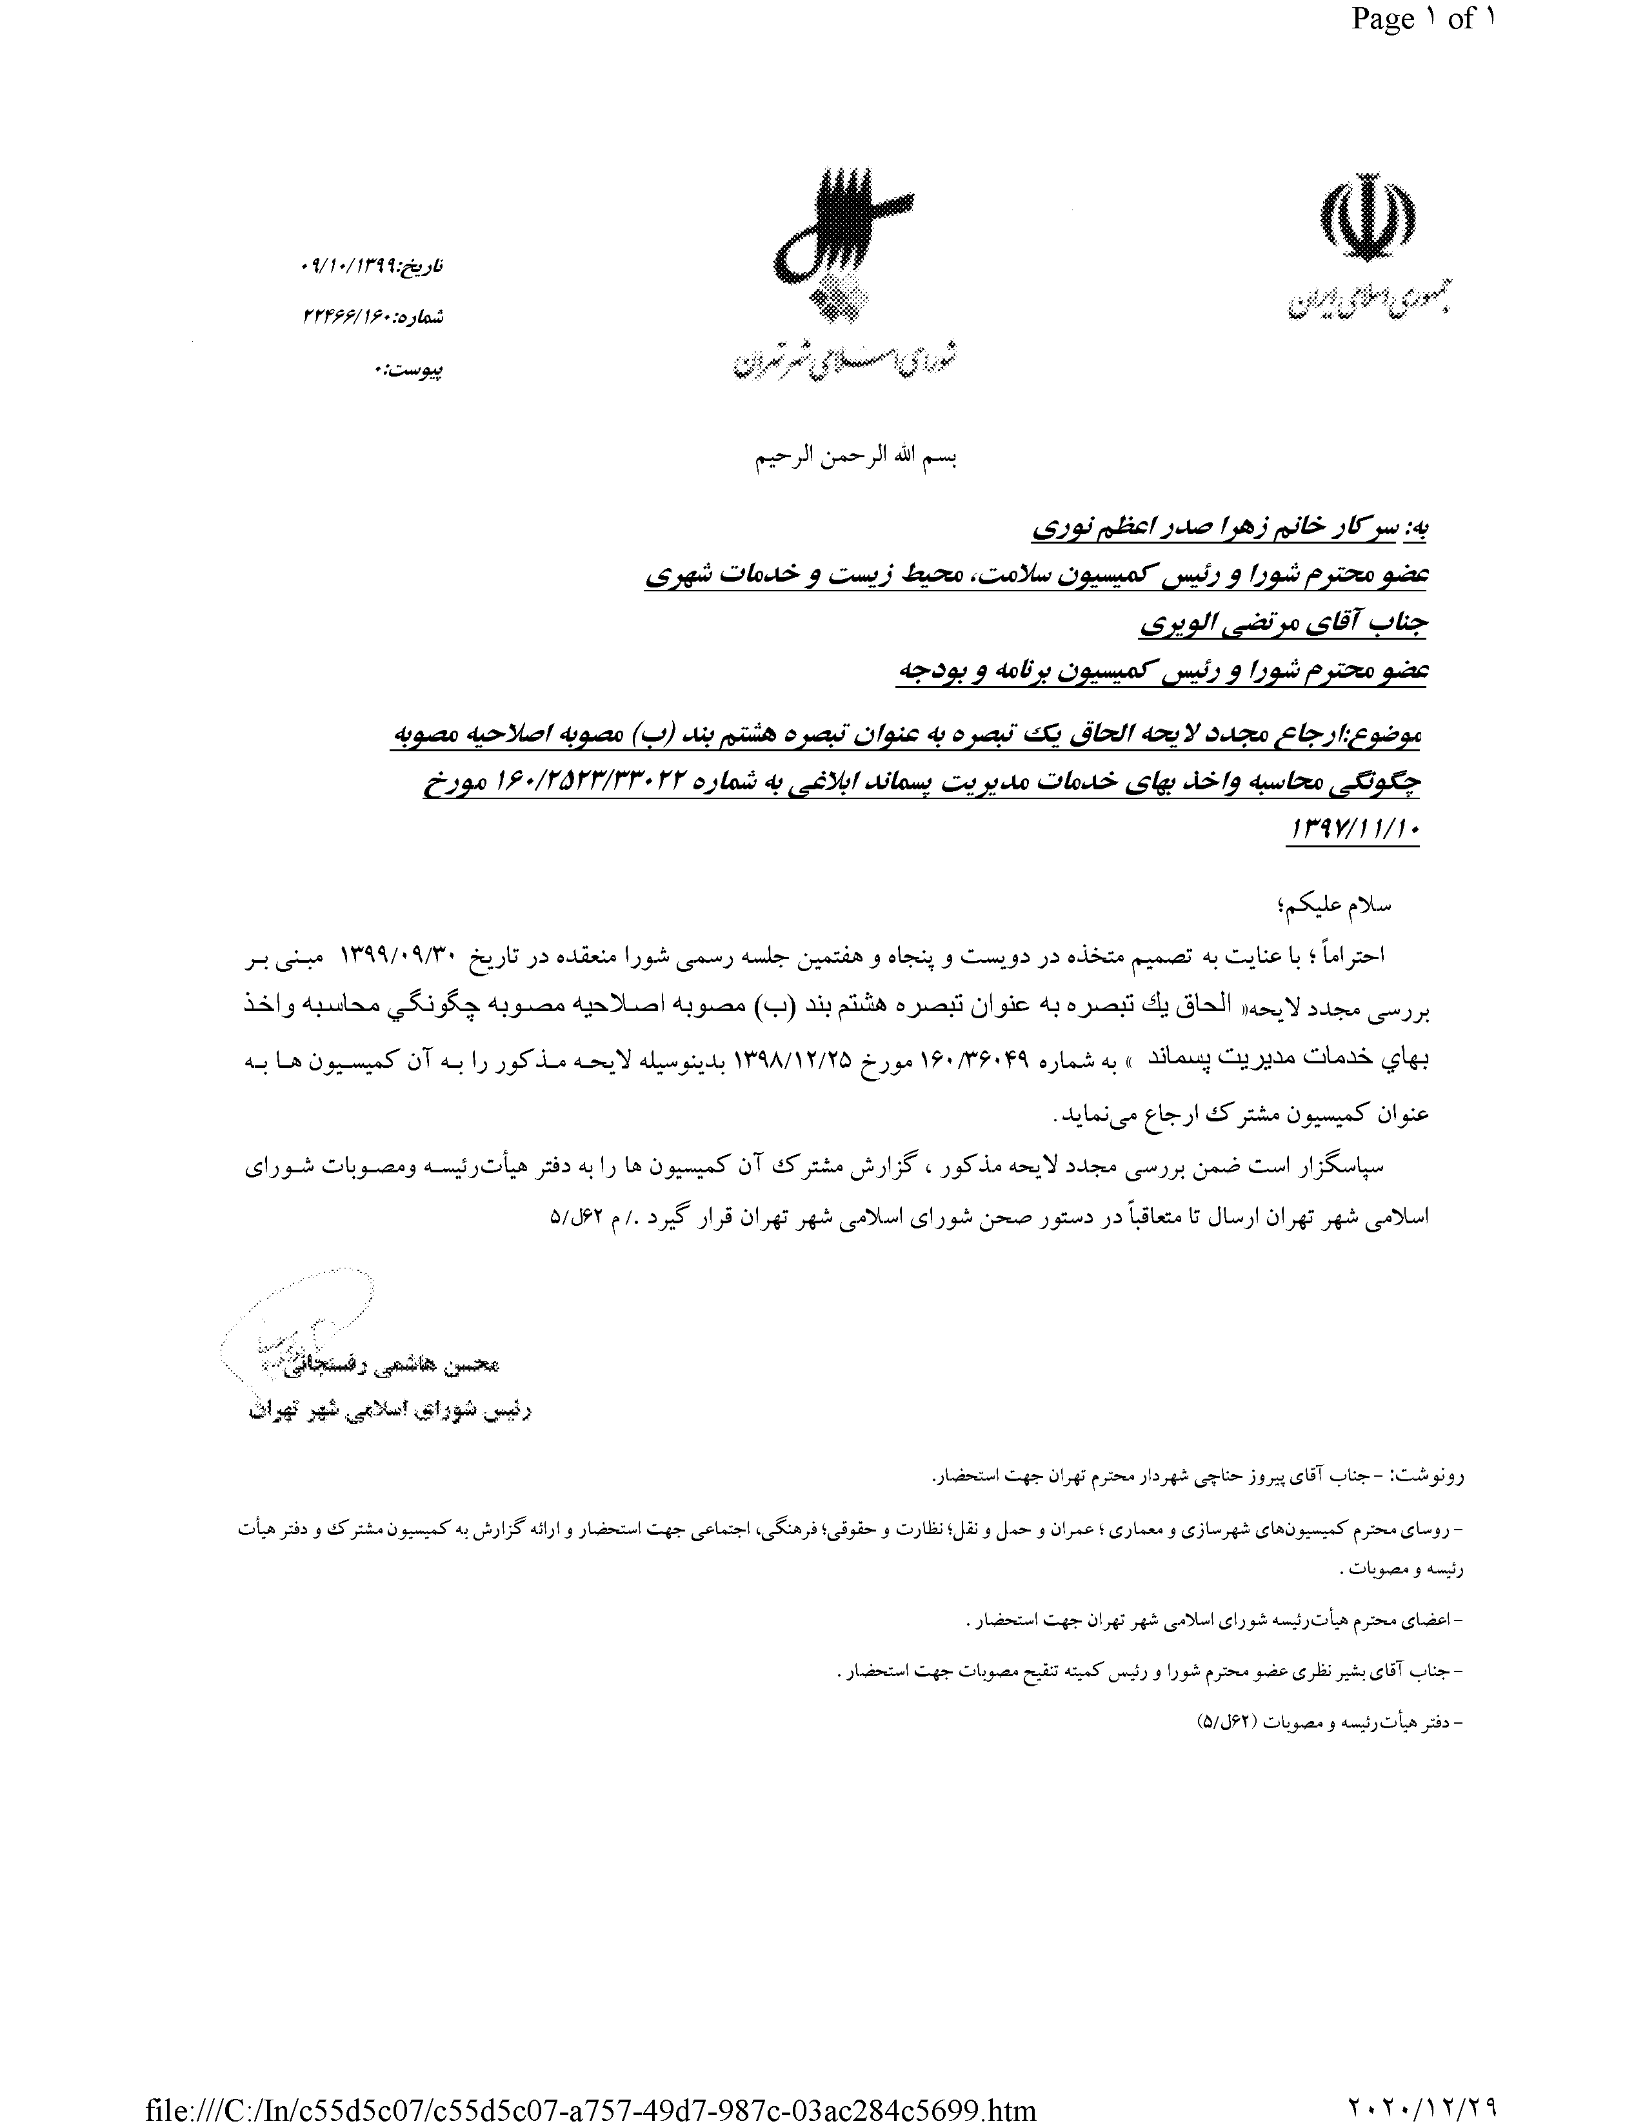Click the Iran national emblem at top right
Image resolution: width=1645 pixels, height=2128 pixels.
click(x=1368, y=220)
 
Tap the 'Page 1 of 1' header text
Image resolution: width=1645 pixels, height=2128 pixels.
click(x=1422, y=19)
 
